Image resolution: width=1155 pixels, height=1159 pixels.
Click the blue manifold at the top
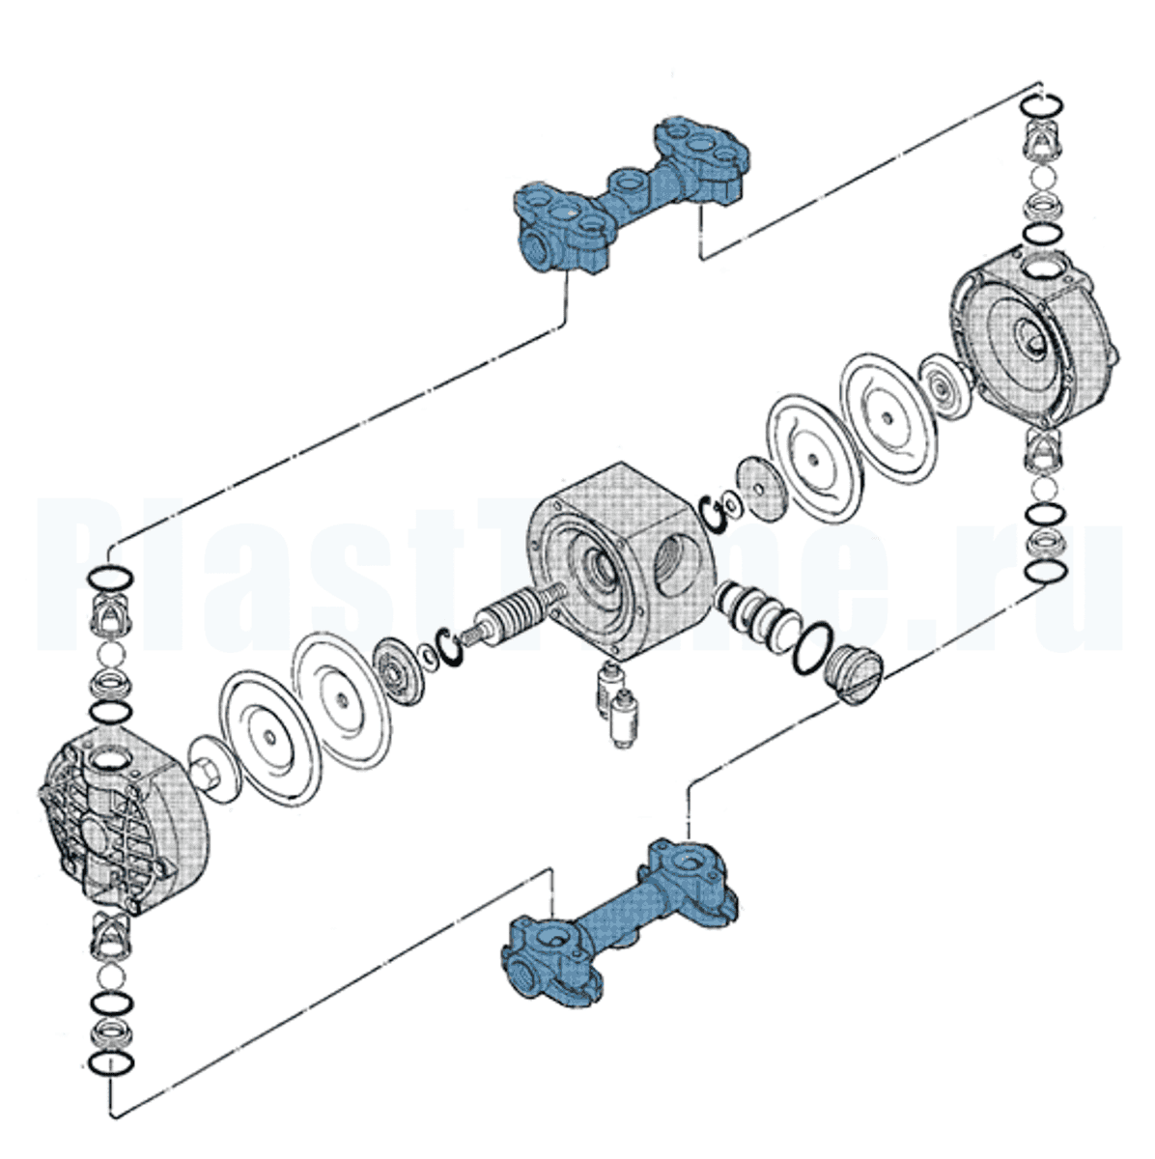click(x=628, y=193)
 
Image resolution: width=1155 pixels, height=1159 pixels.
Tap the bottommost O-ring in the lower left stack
click(x=109, y=1062)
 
